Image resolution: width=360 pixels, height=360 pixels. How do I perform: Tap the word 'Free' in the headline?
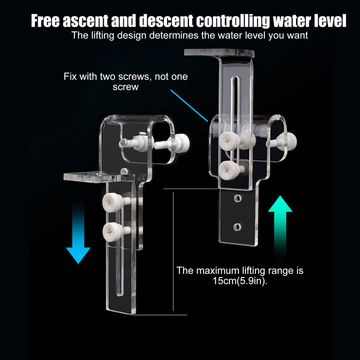(48, 21)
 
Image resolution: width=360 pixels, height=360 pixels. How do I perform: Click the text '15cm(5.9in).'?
(239, 281)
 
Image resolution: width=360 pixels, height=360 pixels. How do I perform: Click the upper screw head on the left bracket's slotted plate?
(109, 202)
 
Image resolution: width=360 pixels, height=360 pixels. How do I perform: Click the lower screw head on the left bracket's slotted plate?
(109, 231)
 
